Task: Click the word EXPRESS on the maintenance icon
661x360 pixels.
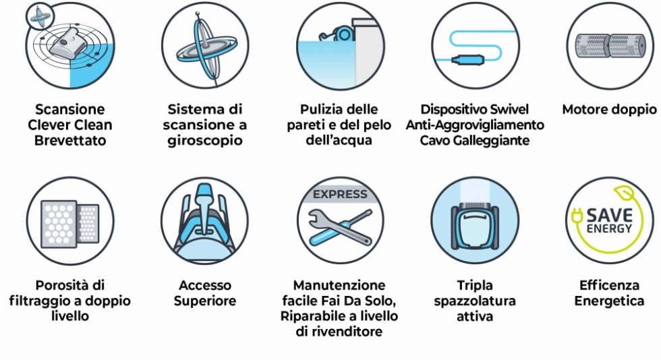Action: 340,195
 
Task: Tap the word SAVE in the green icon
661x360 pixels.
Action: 609,215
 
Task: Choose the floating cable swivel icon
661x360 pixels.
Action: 474,46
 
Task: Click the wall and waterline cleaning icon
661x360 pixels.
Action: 340,46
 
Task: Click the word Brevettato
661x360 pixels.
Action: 70,141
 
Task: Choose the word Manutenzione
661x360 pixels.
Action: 339,285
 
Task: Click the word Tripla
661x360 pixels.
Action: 474,285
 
